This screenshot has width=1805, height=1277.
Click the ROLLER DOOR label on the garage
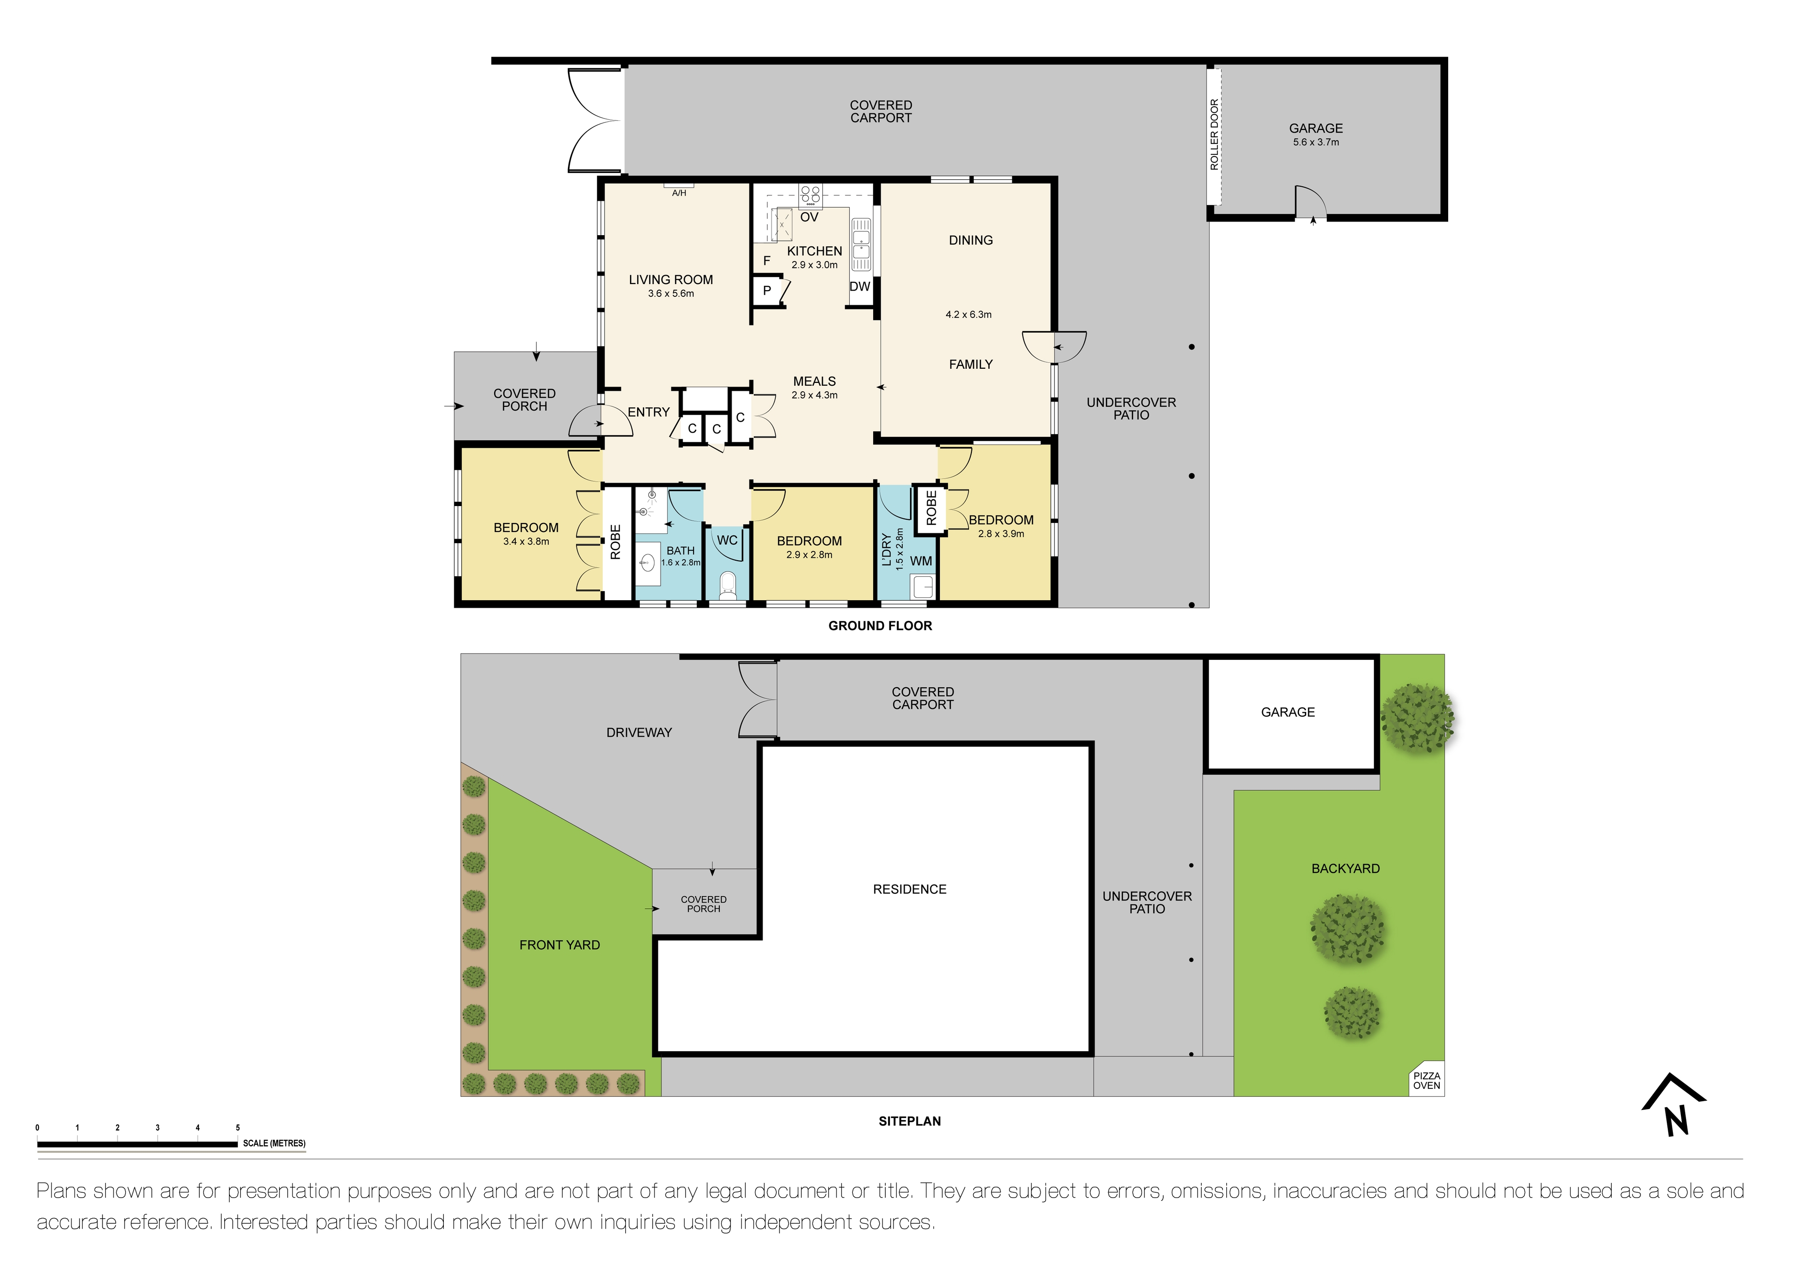coord(1214,135)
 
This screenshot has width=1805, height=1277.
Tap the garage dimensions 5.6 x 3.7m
coord(1316,143)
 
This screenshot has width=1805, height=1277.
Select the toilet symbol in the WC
coord(728,585)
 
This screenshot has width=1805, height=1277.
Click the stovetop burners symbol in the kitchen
coord(810,193)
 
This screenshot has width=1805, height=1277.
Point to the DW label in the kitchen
coord(860,286)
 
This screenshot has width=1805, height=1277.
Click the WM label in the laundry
coord(922,561)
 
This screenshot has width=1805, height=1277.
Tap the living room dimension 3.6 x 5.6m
coord(670,293)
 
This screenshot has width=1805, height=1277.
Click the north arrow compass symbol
coord(1674,1105)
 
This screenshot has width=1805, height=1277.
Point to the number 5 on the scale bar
coord(237,1127)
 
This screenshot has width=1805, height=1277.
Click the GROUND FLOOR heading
coord(880,626)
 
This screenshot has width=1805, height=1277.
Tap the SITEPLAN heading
coord(910,1121)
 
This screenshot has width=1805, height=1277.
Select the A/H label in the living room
coord(679,193)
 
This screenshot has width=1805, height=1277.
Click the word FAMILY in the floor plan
coord(971,364)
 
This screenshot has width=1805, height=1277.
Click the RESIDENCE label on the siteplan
coord(910,889)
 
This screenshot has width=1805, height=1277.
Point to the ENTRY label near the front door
coord(648,412)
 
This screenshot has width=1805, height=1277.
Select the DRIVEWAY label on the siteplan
coord(639,732)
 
